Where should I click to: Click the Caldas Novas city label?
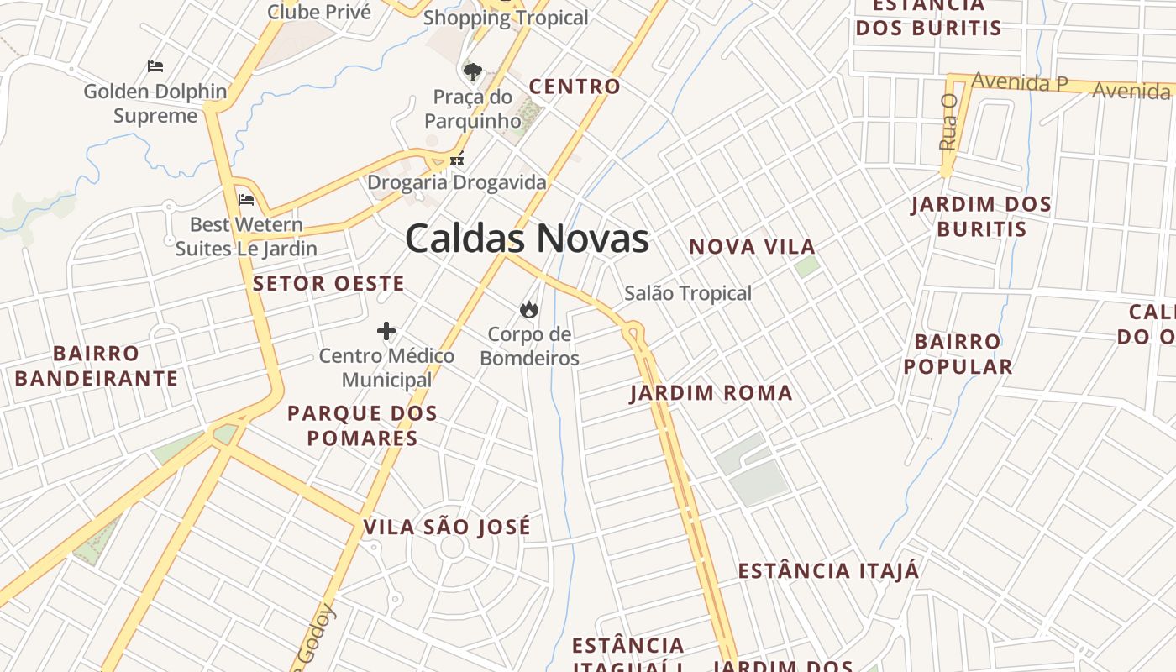click(527, 239)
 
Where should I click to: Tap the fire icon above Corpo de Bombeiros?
click(529, 310)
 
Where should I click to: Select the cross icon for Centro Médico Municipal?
click(386, 331)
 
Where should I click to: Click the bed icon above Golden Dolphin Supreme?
click(155, 66)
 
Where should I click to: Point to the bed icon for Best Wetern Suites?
click(246, 200)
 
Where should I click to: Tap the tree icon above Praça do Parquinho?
click(473, 71)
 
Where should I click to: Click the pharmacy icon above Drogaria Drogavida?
click(457, 158)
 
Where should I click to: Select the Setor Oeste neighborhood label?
click(328, 284)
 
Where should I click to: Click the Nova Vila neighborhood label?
click(752, 247)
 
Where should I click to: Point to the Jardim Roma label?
click(711, 393)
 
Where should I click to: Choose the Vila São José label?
click(447, 528)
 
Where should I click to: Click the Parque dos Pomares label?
click(362, 425)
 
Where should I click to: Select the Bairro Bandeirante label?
click(97, 365)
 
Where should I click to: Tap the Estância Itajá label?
click(828, 571)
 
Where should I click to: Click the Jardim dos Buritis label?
click(981, 217)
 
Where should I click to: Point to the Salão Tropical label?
click(688, 293)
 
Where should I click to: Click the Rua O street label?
click(948, 123)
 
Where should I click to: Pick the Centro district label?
click(575, 87)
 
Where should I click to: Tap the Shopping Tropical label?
click(506, 18)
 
